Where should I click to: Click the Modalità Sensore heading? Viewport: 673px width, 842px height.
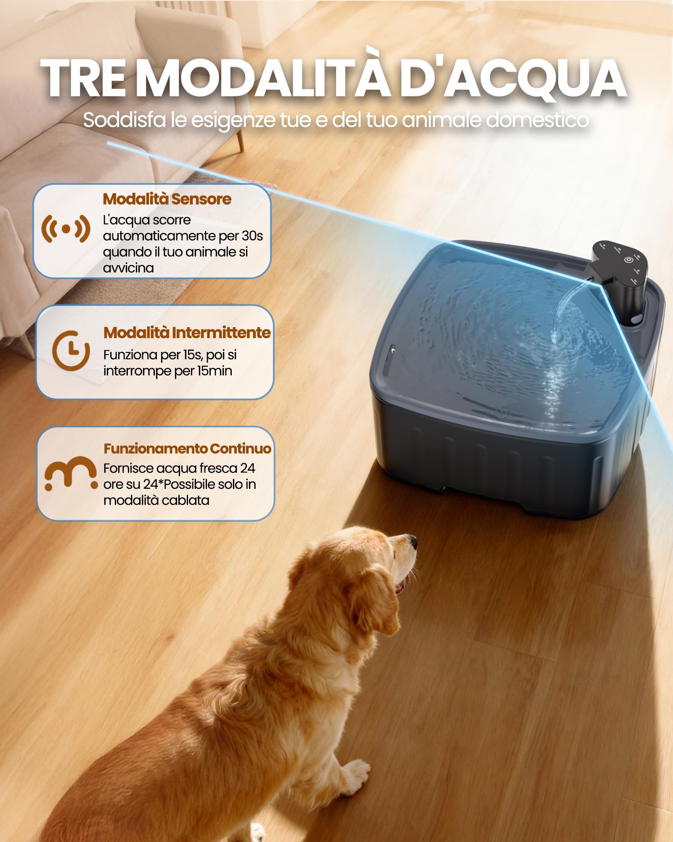pyautogui.click(x=167, y=199)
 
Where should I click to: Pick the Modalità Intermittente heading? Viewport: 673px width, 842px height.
pyautogui.click(x=187, y=333)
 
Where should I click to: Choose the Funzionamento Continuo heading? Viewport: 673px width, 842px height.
pyautogui.click(x=188, y=449)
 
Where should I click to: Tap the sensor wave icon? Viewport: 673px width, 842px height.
pyautogui.click(x=66, y=229)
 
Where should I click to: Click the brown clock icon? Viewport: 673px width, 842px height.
pyautogui.click(x=71, y=350)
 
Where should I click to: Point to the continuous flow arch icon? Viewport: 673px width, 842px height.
pyautogui.click(x=71, y=474)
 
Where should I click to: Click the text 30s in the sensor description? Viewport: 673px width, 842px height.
pyautogui.click(x=252, y=236)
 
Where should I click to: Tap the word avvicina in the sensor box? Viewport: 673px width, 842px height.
pyautogui.click(x=128, y=268)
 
